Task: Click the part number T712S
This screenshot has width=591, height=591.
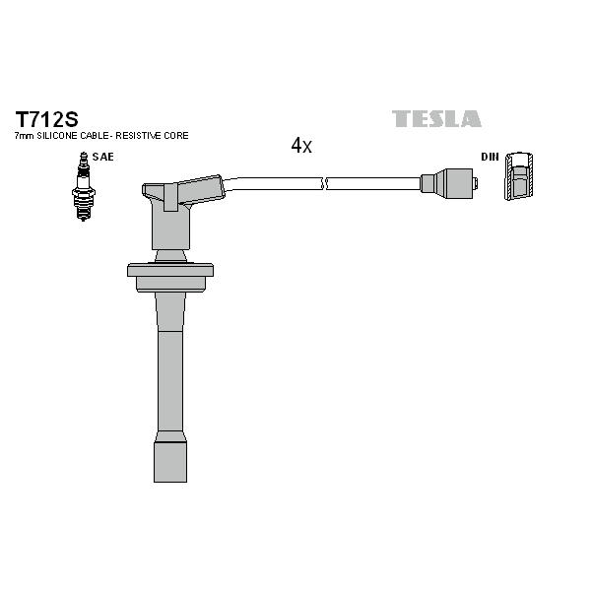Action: pyautogui.click(x=46, y=119)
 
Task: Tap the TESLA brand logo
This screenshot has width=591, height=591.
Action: pyautogui.click(x=436, y=119)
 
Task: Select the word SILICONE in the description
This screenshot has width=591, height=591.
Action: pyautogui.click(x=57, y=136)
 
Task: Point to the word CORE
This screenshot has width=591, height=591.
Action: pyautogui.click(x=176, y=136)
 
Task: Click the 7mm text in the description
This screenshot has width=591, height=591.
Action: pyautogui.click(x=24, y=136)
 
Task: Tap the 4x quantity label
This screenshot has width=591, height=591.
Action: pyautogui.click(x=301, y=145)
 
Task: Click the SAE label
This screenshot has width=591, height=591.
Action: pyautogui.click(x=102, y=157)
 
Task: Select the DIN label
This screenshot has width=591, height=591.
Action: pyautogui.click(x=490, y=157)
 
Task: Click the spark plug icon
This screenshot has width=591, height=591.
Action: pyautogui.click(x=84, y=186)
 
